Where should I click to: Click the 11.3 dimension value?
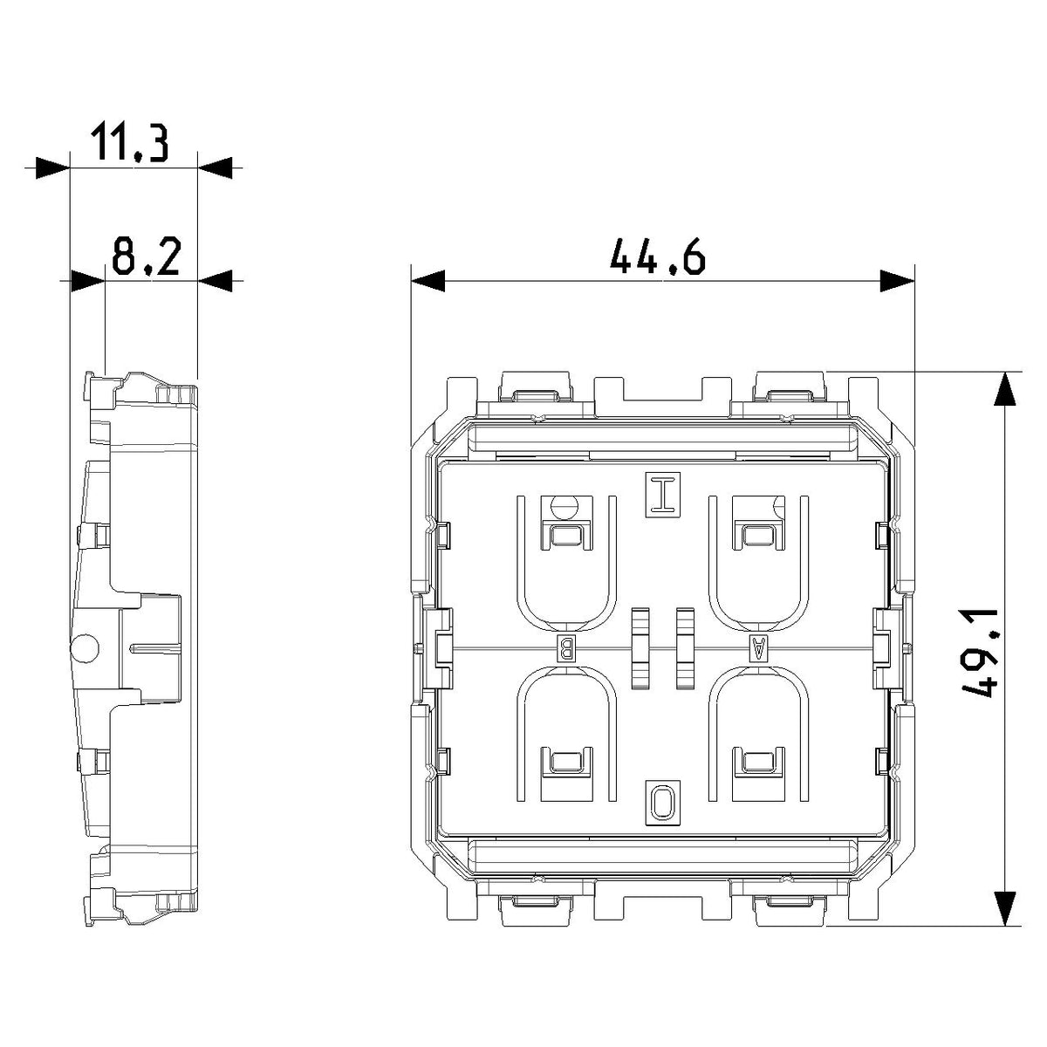pyautogui.click(x=129, y=142)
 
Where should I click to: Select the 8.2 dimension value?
pyautogui.click(x=146, y=256)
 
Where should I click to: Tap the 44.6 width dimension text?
pyautogui.click(x=658, y=257)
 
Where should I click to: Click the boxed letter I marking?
pyautogui.click(x=663, y=495)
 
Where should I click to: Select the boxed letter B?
pyautogui.click(x=565, y=647)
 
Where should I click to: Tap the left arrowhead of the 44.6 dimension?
pyautogui.click(x=428, y=281)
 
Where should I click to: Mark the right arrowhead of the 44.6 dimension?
pyautogui.click(x=897, y=281)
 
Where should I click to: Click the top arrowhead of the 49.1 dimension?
pyautogui.click(x=1005, y=388)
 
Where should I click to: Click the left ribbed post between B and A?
pyautogui.click(x=640, y=648)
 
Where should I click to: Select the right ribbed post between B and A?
pyautogui.click(x=685, y=648)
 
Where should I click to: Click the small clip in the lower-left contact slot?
pyautogui.click(x=565, y=763)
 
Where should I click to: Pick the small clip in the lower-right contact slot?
pyautogui.click(x=758, y=763)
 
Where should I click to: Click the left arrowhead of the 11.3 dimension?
pyautogui.click(x=52, y=168)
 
